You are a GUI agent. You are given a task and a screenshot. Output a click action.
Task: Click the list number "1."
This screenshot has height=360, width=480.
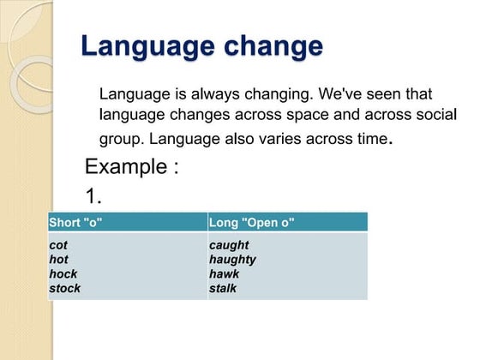[x=94, y=196]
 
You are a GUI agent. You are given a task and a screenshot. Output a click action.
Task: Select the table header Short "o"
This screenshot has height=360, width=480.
[x=75, y=223]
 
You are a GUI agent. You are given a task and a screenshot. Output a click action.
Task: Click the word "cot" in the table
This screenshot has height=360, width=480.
[x=58, y=245]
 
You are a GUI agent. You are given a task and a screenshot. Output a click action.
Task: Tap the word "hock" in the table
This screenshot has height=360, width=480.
[x=63, y=273]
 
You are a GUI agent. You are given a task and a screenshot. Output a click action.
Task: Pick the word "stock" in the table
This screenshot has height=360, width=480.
[x=64, y=288]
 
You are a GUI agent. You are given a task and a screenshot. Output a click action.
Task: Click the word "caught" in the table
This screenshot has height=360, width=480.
[x=229, y=245]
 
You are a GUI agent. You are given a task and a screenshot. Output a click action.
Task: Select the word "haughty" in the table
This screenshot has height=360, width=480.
[x=232, y=260]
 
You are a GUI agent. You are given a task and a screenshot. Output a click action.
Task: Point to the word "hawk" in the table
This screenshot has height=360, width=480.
[x=224, y=273]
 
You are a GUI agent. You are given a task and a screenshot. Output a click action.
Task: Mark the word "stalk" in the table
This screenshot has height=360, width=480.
[x=224, y=288]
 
